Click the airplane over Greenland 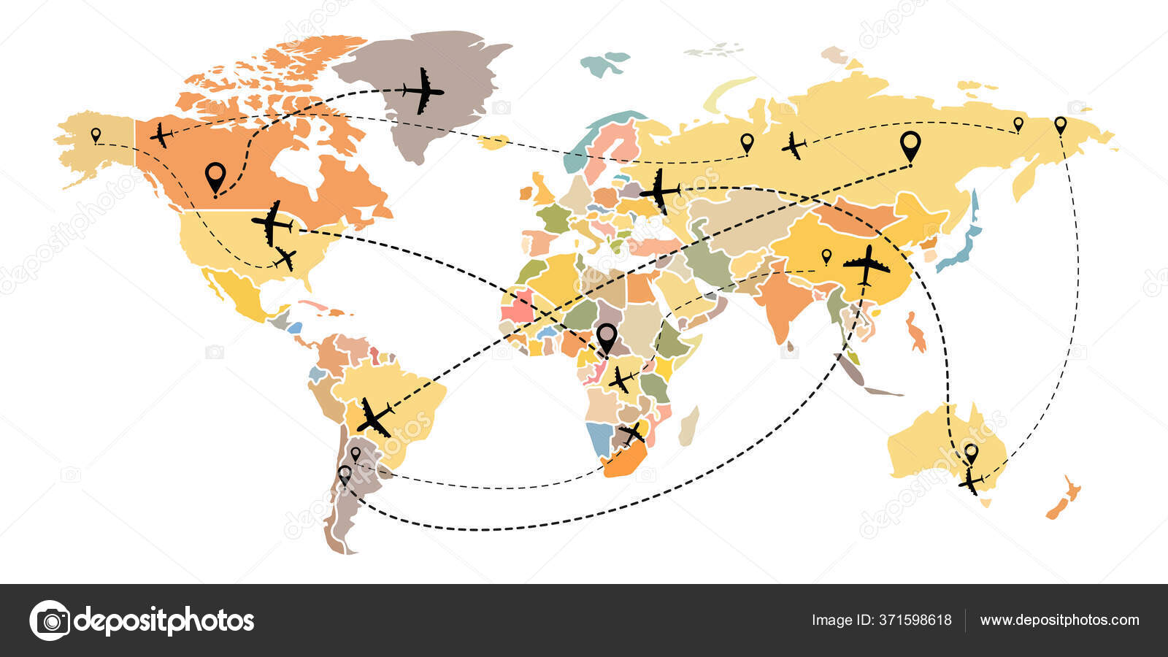click(x=423, y=91)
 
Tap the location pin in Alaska click(x=96, y=135)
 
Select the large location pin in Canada click(x=215, y=177)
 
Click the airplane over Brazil click(x=374, y=417)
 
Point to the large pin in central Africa click(x=607, y=337)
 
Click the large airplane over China click(x=867, y=266)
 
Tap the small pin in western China click(x=826, y=256)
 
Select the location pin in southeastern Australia click(x=971, y=453)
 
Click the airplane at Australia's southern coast click(x=971, y=482)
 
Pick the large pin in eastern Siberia click(x=910, y=145)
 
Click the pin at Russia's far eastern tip click(x=1061, y=125)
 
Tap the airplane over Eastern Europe click(x=659, y=191)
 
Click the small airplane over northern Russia click(x=794, y=145)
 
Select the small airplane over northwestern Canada click(x=161, y=135)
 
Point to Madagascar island click(x=688, y=426)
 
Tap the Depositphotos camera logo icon click(x=50, y=620)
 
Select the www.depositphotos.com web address click(x=1059, y=620)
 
